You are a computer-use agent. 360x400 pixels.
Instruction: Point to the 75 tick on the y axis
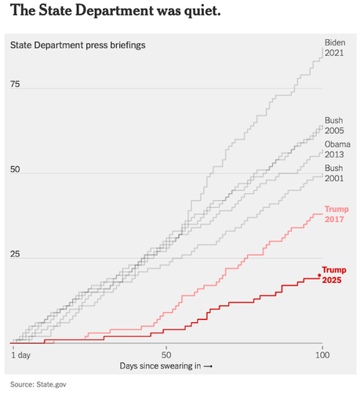coord(15,84)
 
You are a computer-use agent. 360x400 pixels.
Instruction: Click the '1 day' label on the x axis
coord(22,355)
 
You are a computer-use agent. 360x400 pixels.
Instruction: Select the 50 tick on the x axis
coord(166,355)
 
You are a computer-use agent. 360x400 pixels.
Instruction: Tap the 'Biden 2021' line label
coord(335,48)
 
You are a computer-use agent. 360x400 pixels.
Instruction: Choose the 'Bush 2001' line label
coord(335,174)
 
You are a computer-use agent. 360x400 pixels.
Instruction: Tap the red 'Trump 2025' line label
coord(335,275)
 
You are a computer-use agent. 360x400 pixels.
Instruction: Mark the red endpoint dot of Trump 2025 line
coord(319,275)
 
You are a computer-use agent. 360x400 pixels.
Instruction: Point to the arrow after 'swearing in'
coord(209,366)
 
